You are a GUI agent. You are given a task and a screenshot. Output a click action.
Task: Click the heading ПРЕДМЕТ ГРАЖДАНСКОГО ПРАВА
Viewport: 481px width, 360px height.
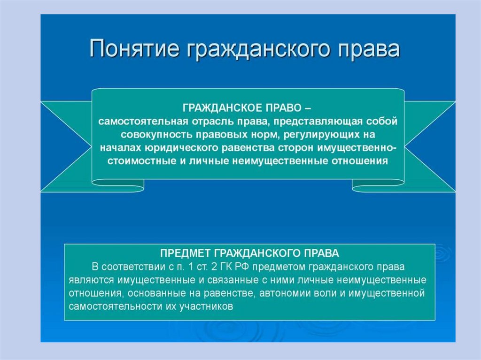[249, 253]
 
